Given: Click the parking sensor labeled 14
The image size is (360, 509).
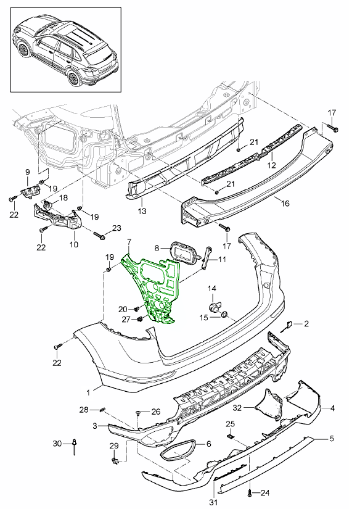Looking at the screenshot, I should pyautogui.click(x=214, y=306).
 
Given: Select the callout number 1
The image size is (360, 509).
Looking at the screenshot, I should pyautogui.click(x=89, y=391).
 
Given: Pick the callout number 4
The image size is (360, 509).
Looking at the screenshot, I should pyautogui.click(x=332, y=408).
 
